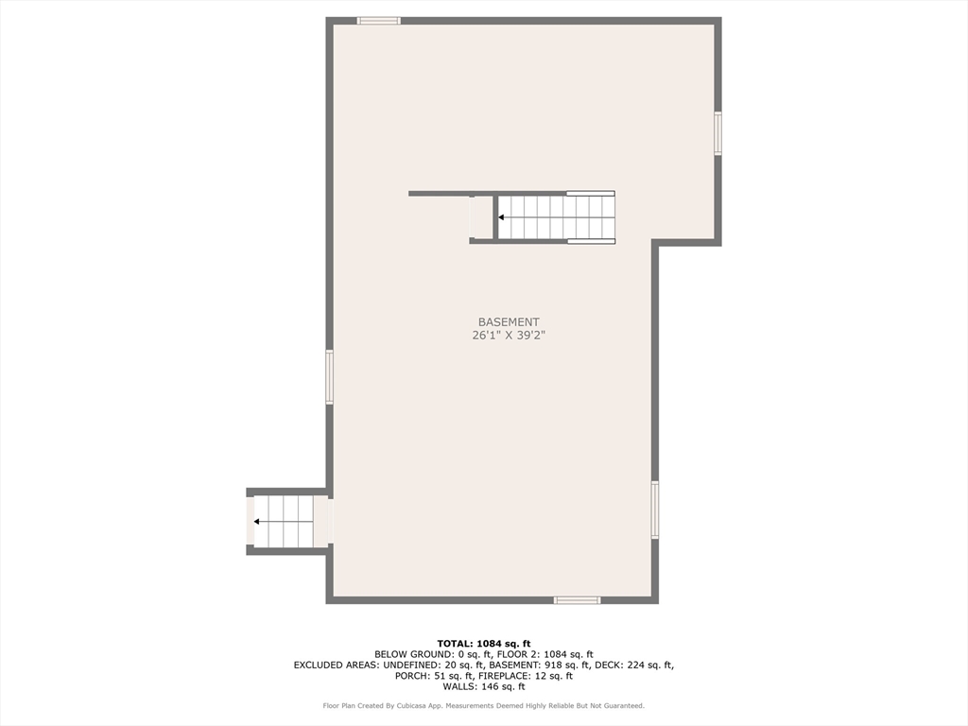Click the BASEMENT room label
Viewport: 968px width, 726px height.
509,322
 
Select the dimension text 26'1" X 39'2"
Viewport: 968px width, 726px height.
509,335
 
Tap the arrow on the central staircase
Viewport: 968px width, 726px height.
502,217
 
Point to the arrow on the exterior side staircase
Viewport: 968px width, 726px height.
257,521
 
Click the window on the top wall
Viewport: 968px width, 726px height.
378,20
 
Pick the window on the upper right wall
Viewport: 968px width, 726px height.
717,133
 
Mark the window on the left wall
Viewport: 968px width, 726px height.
330,376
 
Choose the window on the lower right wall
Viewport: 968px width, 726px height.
654,510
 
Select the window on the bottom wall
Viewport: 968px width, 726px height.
577,599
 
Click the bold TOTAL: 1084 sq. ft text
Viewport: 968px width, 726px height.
483,644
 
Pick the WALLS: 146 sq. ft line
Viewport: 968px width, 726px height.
483,686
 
